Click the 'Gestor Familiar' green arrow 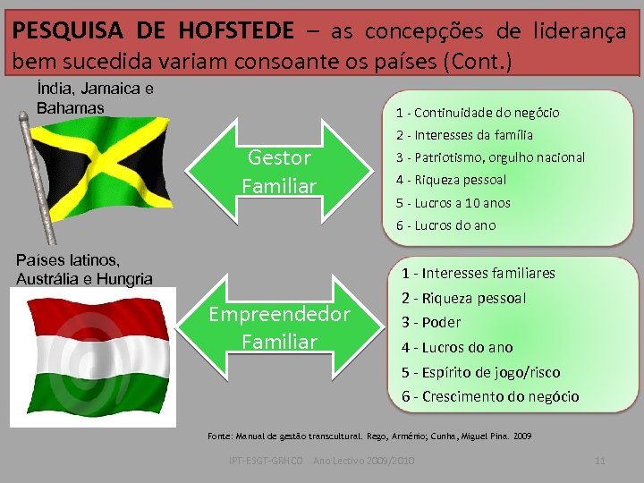click(x=279, y=172)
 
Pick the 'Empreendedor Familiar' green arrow click(x=279, y=328)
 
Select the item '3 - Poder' click(x=431, y=322)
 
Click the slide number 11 click(x=600, y=460)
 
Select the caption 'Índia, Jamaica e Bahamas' click(x=94, y=98)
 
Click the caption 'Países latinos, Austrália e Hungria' click(x=84, y=269)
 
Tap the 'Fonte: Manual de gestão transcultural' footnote click(x=369, y=436)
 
